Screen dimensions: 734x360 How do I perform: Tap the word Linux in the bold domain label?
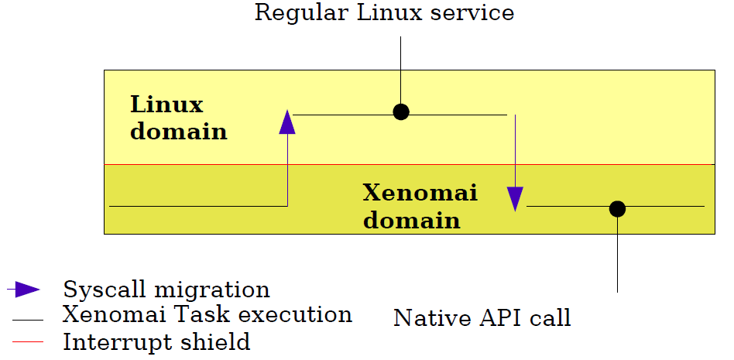[x=166, y=105]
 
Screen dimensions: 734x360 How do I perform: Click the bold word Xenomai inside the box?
[x=420, y=193]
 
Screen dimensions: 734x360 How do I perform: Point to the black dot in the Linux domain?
[x=401, y=112]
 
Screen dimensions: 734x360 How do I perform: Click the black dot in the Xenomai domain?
[x=617, y=209]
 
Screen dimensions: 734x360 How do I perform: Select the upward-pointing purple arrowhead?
[x=287, y=122]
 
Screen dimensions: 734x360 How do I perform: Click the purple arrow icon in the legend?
[x=23, y=290]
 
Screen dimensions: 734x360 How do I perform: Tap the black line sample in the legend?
[x=28, y=321]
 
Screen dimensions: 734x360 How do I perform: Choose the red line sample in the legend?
[x=28, y=341]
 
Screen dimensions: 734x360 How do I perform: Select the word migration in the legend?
[x=212, y=290]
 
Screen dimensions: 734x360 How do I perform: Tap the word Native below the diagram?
[x=433, y=318]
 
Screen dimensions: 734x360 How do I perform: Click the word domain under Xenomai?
[x=411, y=220]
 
